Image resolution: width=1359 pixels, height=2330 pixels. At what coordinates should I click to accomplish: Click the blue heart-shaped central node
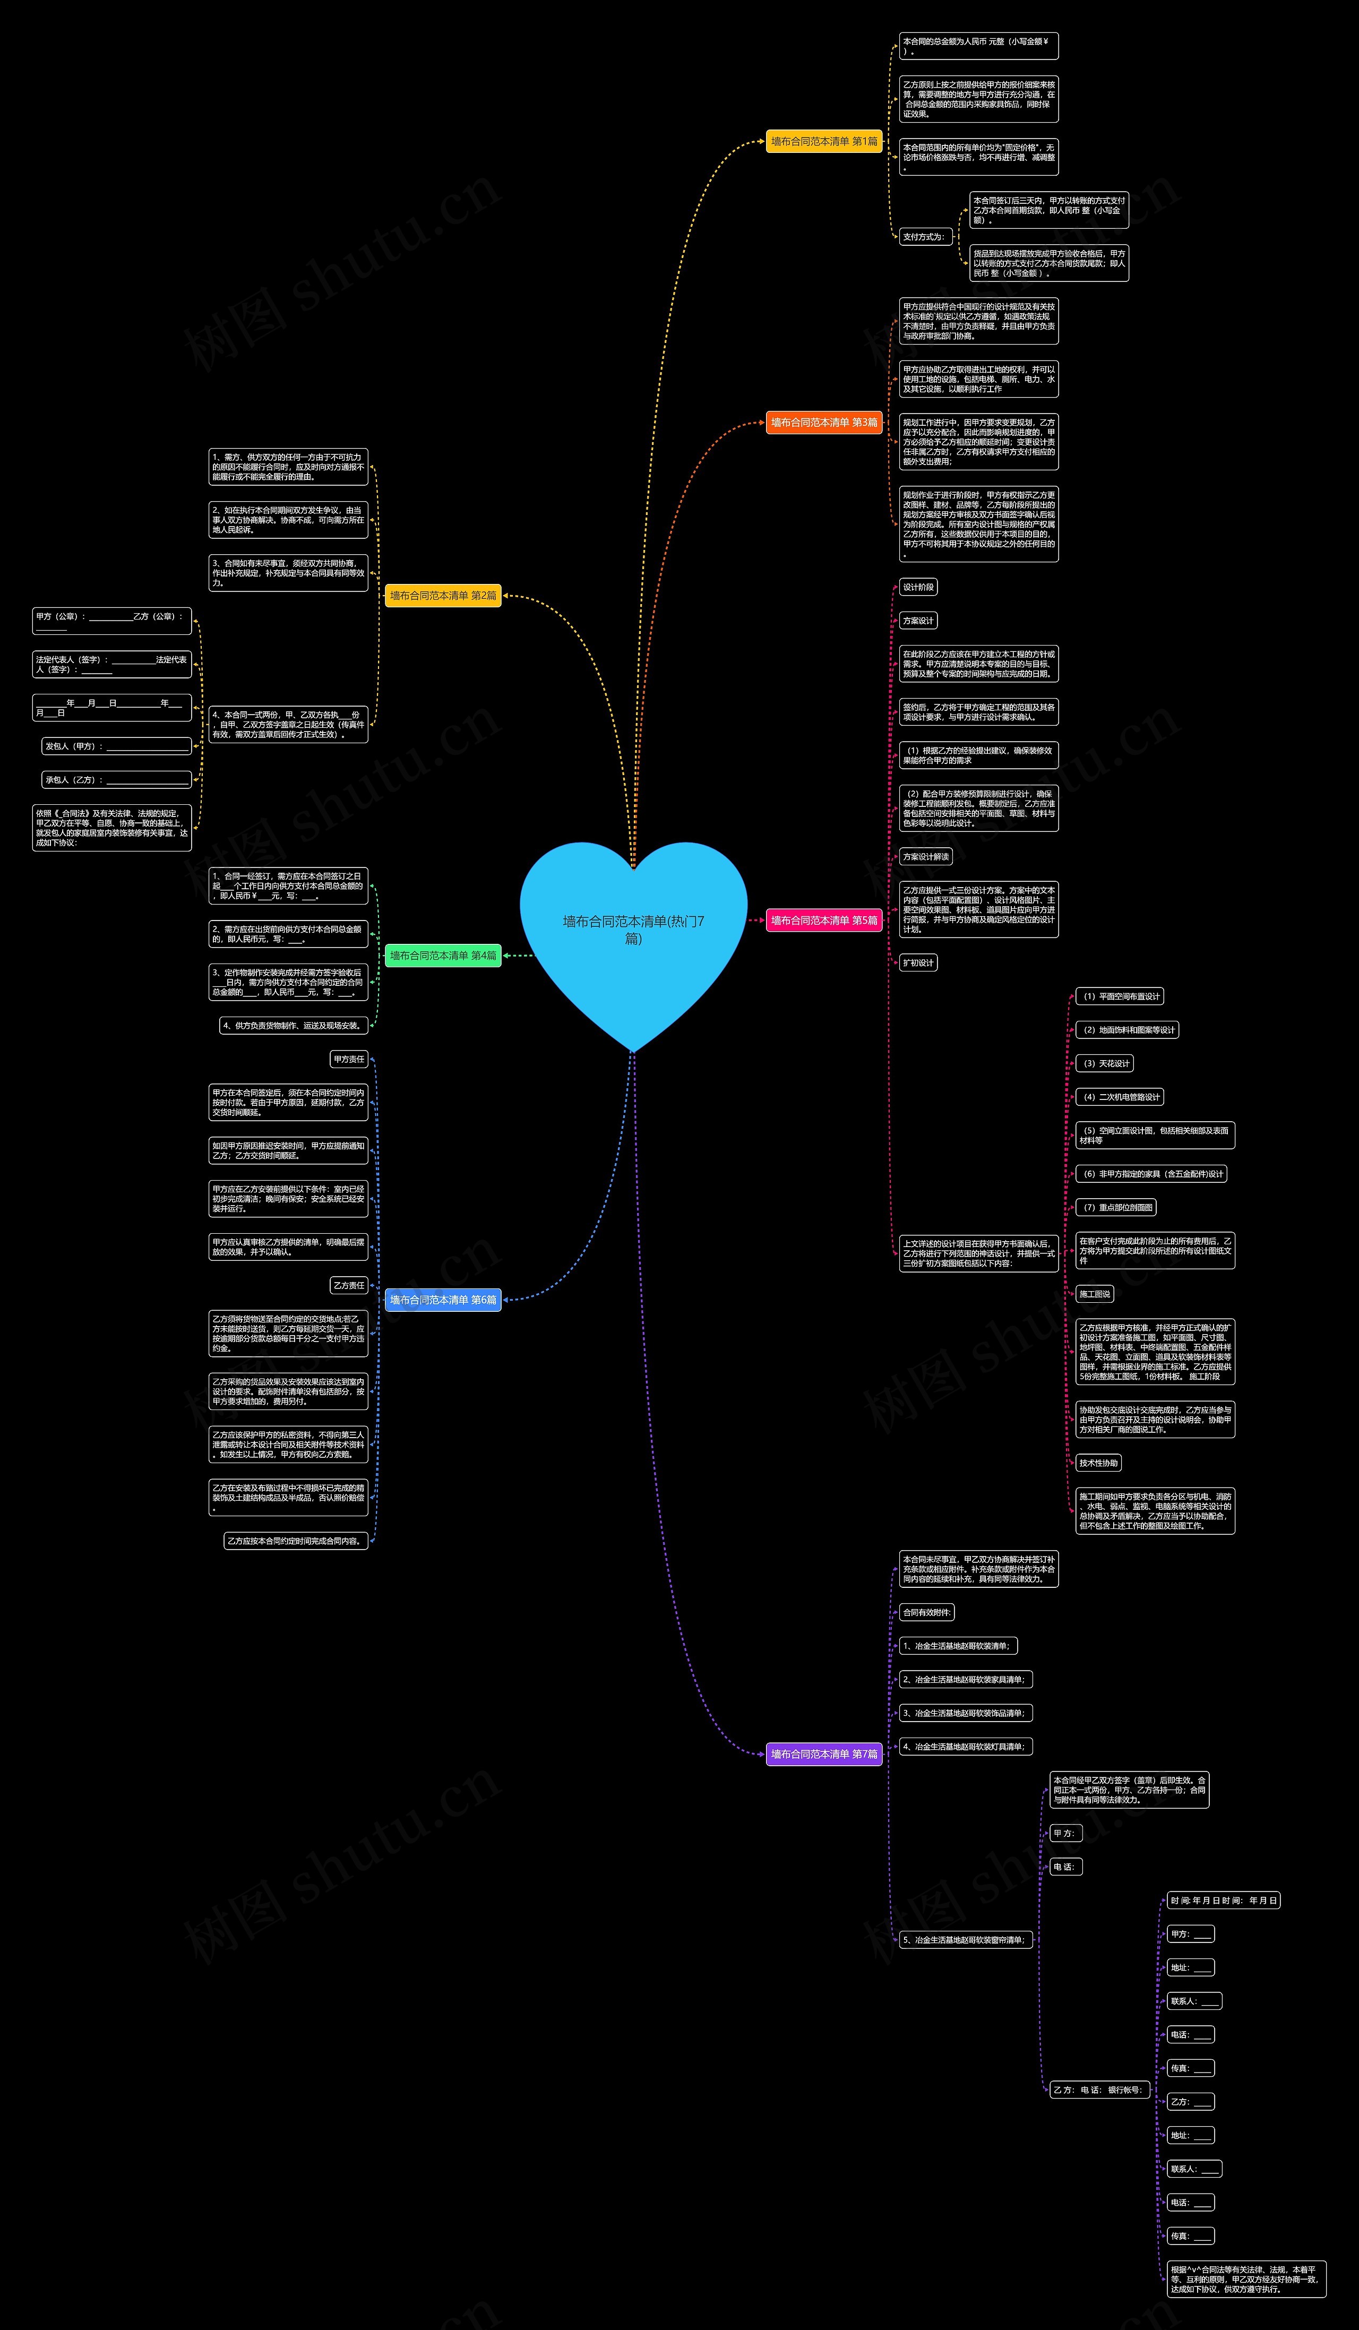633,934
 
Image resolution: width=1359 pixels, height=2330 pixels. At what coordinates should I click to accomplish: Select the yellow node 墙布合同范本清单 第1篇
824,141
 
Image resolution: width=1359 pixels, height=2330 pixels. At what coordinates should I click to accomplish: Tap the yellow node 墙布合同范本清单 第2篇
443,596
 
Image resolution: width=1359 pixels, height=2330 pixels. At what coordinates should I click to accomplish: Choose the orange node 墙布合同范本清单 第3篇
824,423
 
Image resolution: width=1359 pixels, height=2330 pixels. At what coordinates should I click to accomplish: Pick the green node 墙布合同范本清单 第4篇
443,955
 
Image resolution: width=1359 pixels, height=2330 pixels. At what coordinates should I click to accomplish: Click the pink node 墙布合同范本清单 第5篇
824,920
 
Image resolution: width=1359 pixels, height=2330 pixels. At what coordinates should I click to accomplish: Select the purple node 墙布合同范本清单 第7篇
824,1754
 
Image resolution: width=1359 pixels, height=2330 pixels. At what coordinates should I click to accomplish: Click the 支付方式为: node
924,237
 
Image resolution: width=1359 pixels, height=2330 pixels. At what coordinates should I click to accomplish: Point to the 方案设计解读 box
925,856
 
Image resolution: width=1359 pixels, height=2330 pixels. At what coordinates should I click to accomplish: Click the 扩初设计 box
918,962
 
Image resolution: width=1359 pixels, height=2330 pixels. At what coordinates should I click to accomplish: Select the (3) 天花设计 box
1104,1063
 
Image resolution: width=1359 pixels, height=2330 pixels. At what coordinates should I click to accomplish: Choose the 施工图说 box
1095,1294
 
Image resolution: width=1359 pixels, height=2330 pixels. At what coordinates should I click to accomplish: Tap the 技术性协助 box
1098,1463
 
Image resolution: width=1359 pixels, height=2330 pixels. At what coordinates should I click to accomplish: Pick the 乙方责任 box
349,1285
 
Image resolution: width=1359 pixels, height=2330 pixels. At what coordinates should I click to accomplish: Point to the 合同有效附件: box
926,1612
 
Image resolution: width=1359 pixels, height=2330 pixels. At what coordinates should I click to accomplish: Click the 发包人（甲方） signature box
116,746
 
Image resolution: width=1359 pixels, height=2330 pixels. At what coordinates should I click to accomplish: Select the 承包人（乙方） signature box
116,779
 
